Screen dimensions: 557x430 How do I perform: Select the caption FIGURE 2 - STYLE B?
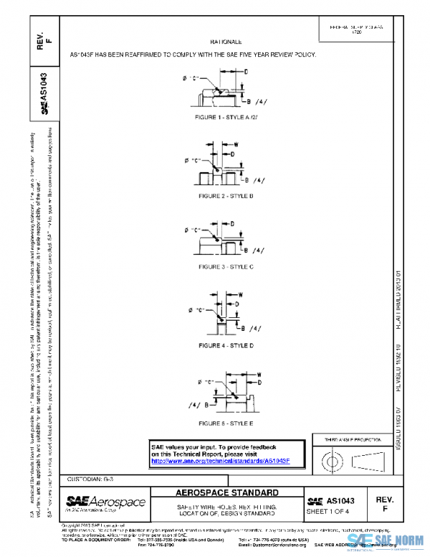click(x=226, y=195)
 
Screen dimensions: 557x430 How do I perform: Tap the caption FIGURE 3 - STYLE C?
click(x=226, y=267)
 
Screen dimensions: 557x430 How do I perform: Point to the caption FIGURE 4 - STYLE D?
click(x=226, y=345)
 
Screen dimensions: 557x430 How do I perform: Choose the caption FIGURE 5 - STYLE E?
click(x=226, y=423)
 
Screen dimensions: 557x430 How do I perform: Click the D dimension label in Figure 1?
click(x=247, y=72)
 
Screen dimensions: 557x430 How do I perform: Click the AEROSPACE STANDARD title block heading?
click(x=227, y=493)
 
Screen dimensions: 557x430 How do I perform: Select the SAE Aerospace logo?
click(x=105, y=502)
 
